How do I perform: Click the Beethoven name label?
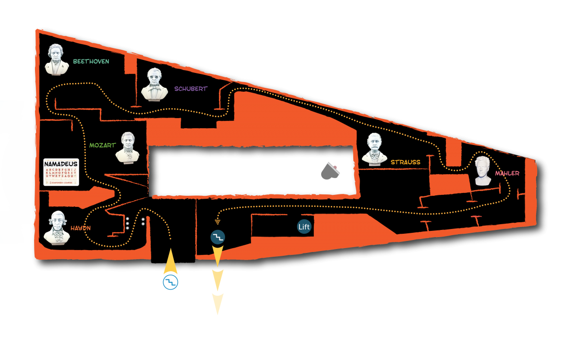coord(91,61)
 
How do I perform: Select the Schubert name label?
coord(191,89)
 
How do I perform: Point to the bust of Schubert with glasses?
coord(154,85)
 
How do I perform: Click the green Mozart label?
coord(103,145)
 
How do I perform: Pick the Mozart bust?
coord(127,147)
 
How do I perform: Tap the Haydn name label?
coord(80,228)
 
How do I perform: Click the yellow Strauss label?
coord(405,162)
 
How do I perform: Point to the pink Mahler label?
coord(507,173)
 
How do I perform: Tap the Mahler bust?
coord(482,170)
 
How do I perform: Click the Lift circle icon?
coord(304,227)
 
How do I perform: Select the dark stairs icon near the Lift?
coord(218,237)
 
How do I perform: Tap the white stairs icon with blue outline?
coord(170,282)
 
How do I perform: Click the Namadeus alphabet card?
coord(61,172)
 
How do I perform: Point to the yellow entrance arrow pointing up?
coord(170,262)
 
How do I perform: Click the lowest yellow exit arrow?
coord(217,303)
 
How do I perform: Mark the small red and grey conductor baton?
coord(333,168)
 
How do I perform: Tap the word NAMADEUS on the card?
coord(61,164)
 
